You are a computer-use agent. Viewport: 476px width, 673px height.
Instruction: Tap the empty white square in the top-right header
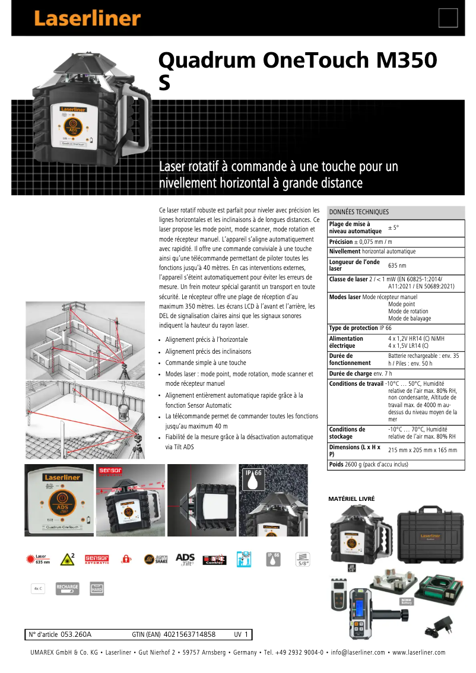(x=448, y=18)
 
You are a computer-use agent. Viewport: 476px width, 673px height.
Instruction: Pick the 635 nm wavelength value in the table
(x=397, y=266)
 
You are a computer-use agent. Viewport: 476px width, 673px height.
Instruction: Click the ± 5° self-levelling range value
(x=394, y=227)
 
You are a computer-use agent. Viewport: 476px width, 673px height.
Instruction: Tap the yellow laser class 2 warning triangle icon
(x=67, y=559)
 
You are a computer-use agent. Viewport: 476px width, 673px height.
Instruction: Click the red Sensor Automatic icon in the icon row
(x=97, y=559)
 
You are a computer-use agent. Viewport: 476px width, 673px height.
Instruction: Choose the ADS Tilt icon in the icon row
(x=185, y=559)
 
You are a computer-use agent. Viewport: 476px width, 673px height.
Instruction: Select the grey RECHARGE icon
(x=67, y=588)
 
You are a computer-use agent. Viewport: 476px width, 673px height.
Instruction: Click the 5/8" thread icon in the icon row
(x=303, y=559)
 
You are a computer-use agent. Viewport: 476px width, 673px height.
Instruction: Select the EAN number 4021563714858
(x=189, y=634)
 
